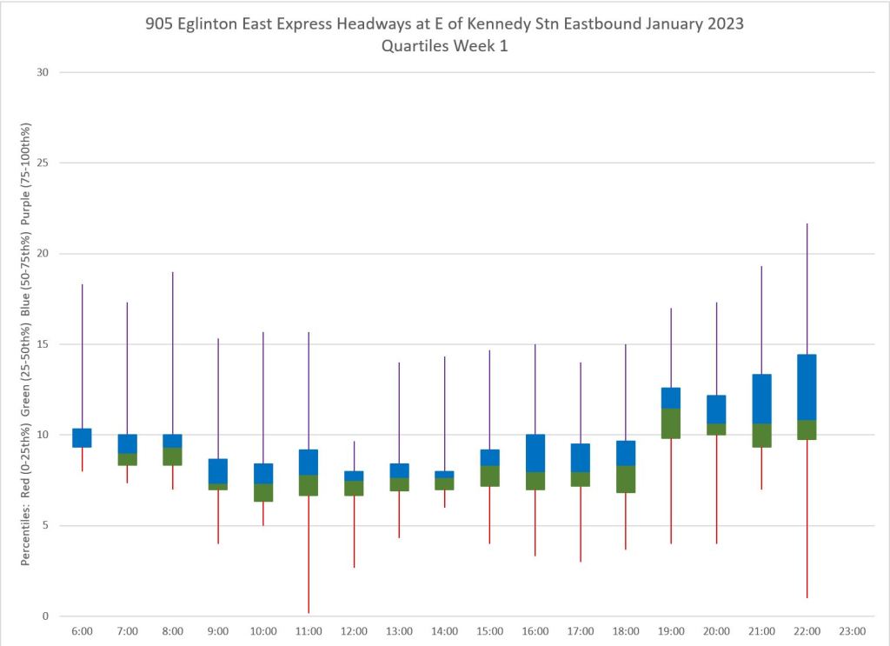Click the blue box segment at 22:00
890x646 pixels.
point(807,387)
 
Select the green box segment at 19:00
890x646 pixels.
point(671,423)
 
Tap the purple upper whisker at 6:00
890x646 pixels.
point(82,356)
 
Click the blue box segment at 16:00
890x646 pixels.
point(535,453)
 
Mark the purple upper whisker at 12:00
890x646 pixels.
point(354,456)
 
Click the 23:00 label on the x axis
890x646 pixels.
point(852,631)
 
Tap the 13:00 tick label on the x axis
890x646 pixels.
point(399,631)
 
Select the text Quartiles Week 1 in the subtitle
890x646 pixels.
point(444,46)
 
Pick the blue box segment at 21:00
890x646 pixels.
point(761,398)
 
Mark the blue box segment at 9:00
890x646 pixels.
point(217,471)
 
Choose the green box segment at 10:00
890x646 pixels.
point(263,493)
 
